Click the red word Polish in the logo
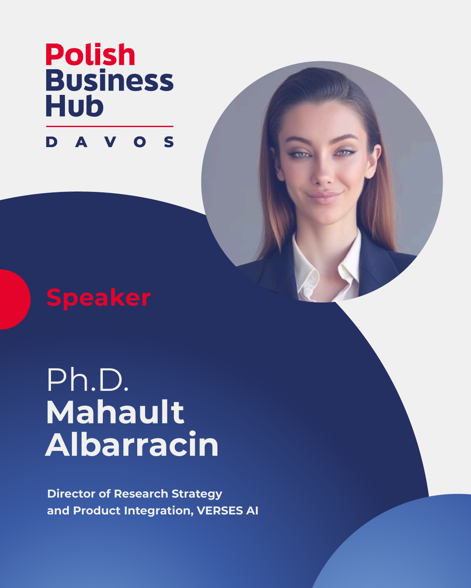90,55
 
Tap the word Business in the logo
109,80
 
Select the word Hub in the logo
75,106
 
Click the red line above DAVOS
110,127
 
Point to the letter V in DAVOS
111,142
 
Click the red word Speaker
98,298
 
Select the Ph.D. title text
88,380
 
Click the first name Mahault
115,413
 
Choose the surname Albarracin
132,444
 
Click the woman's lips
325,197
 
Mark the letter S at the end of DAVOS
169,142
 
